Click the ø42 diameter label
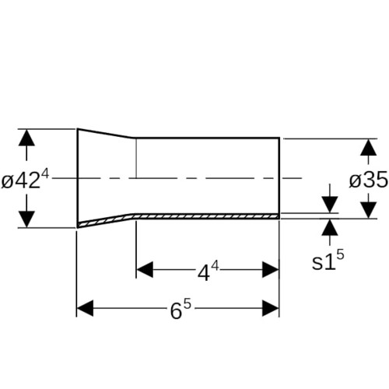21,181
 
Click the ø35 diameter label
369,180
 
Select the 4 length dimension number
204,273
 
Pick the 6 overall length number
176,311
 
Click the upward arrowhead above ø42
26,138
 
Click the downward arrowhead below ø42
26,219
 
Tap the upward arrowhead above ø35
369,147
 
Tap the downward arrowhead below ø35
369,210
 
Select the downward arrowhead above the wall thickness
330,205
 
